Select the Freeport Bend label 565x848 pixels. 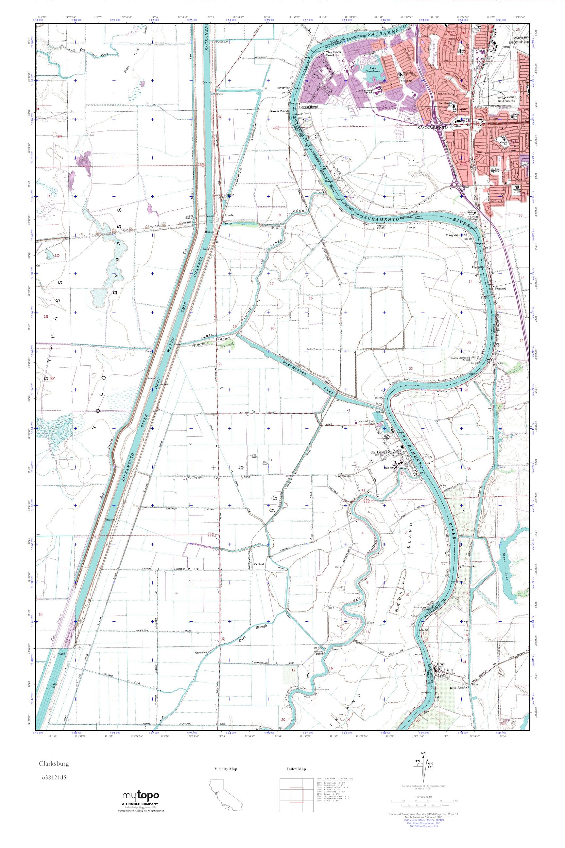[x=456, y=235]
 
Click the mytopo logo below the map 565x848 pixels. [x=141, y=794]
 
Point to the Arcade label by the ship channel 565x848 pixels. [x=229, y=215]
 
